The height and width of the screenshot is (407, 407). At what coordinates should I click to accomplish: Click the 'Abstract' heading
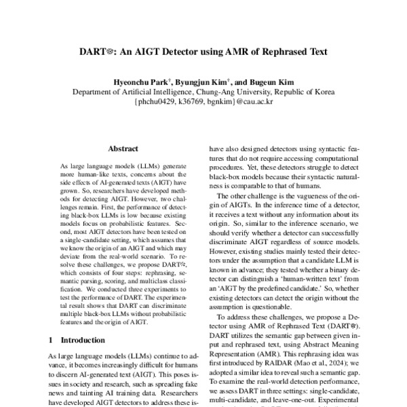[x=123, y=149]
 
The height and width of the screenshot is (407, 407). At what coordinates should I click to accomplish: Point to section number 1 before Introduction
[x=52, y=338]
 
